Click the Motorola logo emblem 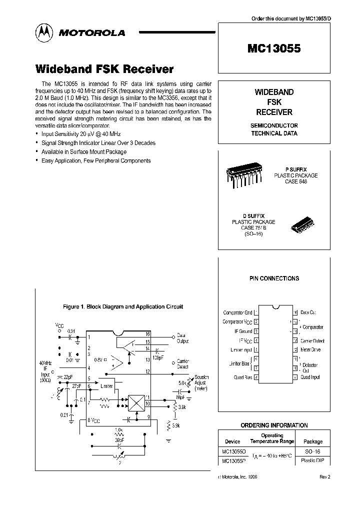pyautogui.click(x=44, y=33)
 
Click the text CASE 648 pyautogui.click(x=296, y=181)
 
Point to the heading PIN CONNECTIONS pyautogui.click(x=274, y=278)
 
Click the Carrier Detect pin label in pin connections pyautogui.click(x=312, y=340)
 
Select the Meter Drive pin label pyautogui.click(x=310, y=349)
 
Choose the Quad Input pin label pyautogui.click(x=310, y=377)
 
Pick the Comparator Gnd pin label pyautogui.click(x=237, y=312)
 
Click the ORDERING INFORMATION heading pyautogui.click(x=274, y=425)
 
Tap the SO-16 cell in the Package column pyautogui.click(x=313, y=451)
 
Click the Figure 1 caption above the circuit pyautogui.click(x=122, y=307)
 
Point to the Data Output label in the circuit pyautogui.click(x=183, y=338)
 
